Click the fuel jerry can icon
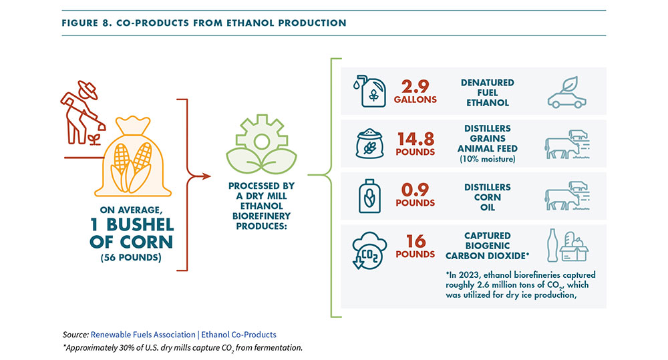pos(366,91)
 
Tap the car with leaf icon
pos(566,92)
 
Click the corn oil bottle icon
pos(366,196)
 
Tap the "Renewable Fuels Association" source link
pos(137,334)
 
